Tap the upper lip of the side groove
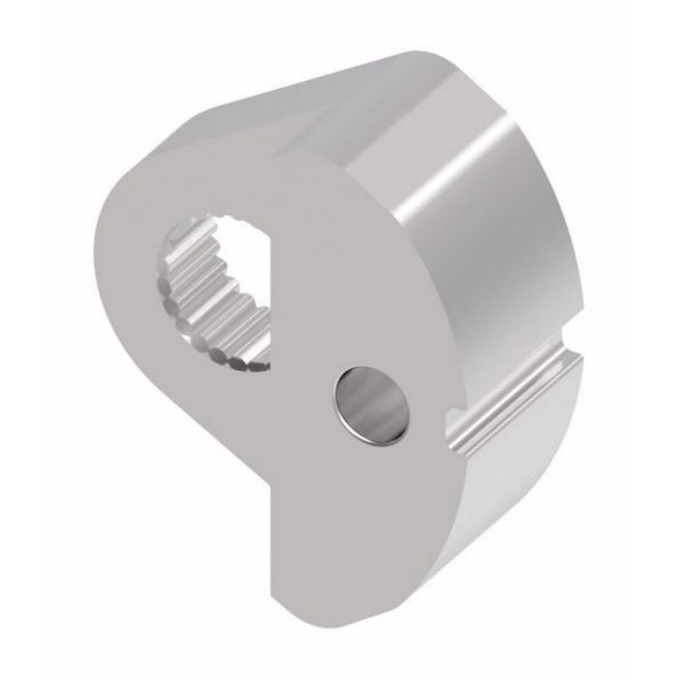[x=504, y=373]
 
